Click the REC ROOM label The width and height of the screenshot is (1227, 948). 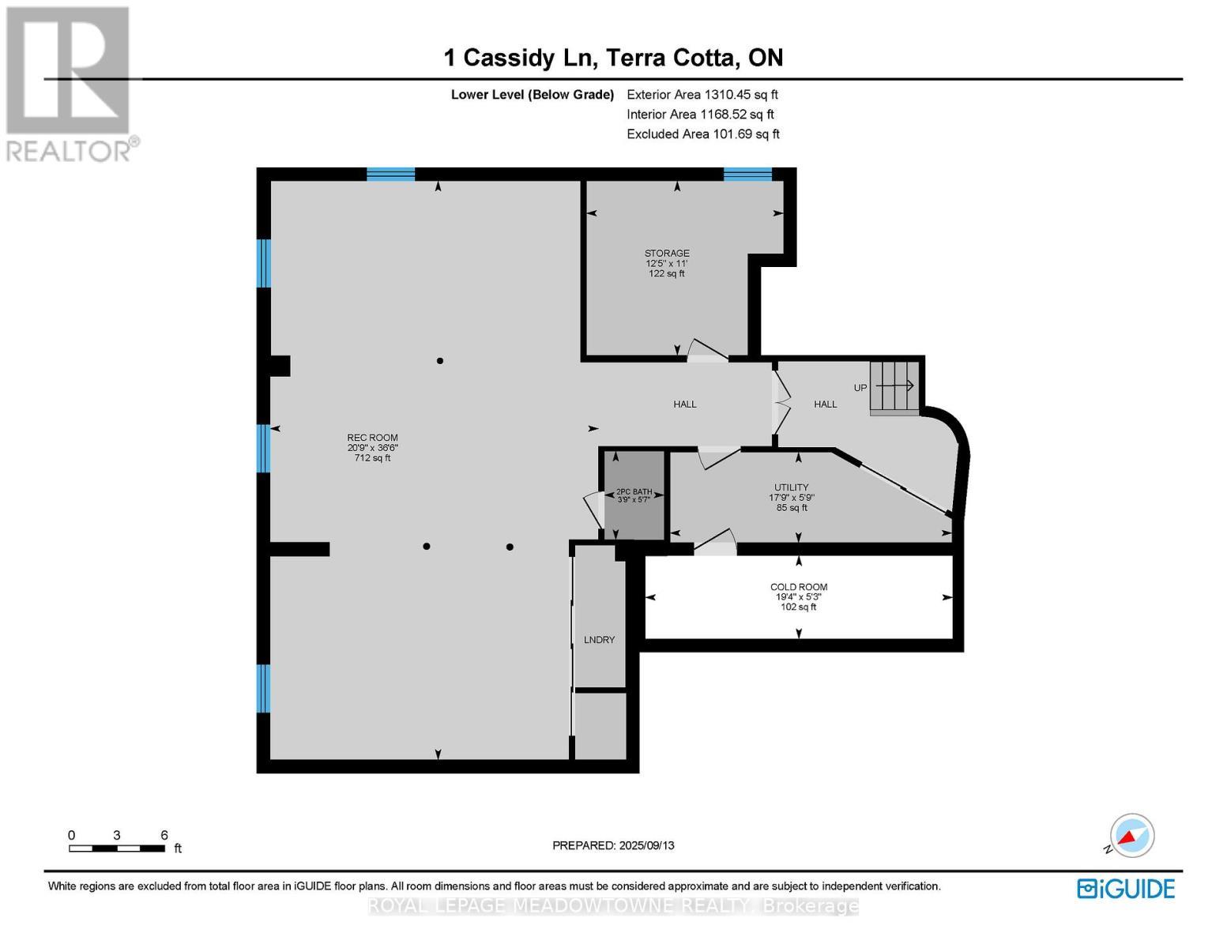point(372,438)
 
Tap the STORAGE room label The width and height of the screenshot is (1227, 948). point(667,254)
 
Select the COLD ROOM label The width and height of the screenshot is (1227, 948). point(799,587)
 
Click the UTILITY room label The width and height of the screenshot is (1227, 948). point(791,487)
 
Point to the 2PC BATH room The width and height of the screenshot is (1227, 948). point(634,495)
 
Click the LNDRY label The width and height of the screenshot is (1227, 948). point(599,640)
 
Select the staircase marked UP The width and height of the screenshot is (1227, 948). point(895,387)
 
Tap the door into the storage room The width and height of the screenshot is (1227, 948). point(707,352)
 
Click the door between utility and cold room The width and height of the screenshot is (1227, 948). point(716,543)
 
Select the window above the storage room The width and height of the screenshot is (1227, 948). point(747,175)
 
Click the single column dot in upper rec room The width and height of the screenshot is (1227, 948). point(440,361)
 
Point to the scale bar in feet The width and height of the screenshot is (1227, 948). point(117,848)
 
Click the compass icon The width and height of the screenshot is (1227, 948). point(1131,836)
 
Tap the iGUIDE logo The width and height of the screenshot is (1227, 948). point(1126,888)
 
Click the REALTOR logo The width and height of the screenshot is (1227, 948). point(70,83)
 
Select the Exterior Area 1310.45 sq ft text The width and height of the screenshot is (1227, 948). point(702,94)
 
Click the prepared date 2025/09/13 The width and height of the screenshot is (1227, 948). point(613,845)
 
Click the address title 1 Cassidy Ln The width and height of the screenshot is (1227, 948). point(613,58)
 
